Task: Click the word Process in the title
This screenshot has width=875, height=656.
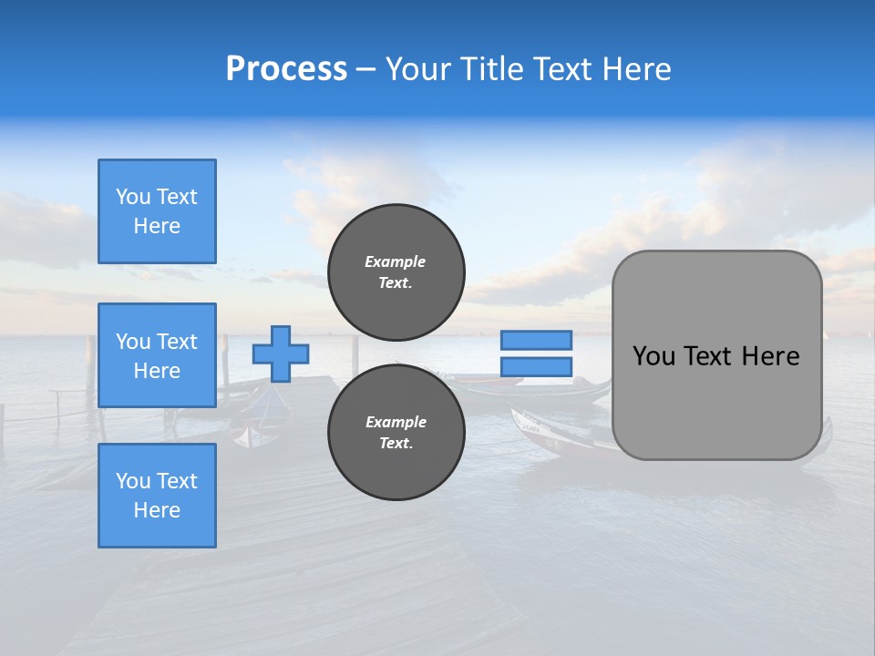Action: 286,68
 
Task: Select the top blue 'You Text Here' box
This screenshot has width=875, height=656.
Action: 157,211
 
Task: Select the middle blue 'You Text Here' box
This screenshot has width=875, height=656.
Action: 157,355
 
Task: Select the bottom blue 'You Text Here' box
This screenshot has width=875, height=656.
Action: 157,496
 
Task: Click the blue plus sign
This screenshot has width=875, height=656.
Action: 281,354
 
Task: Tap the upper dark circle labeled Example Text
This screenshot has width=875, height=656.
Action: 396,272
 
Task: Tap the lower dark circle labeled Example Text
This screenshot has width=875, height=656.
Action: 396,432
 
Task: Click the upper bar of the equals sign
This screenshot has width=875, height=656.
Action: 536,340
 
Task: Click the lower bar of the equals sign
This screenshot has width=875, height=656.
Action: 536,366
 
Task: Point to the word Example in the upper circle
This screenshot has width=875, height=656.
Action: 396,261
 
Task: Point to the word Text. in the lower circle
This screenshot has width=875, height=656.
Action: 396,443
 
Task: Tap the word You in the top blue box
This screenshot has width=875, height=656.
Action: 133,197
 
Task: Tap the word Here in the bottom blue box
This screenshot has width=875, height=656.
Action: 157,510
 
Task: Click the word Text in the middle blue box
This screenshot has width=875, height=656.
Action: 177,342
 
